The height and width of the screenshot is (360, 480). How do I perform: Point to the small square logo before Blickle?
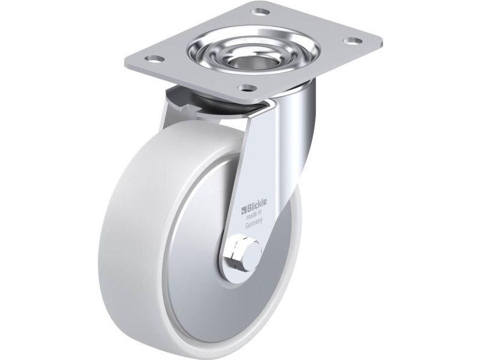point(244,211)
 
